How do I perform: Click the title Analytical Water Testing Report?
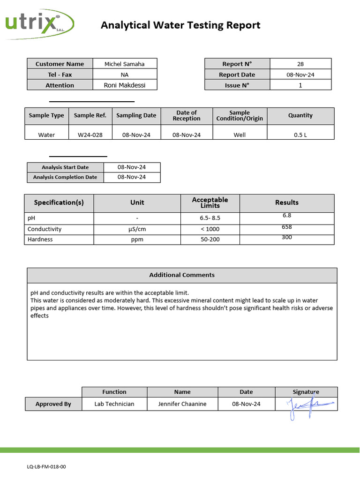180,25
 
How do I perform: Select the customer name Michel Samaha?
124,64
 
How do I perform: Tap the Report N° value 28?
300,64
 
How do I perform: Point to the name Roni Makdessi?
124,85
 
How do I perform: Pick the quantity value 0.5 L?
300,135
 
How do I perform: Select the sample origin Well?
240,135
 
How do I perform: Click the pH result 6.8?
287,216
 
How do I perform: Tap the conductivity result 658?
287,227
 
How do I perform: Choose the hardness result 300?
287,237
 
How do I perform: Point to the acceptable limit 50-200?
210,240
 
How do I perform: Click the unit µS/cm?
137,229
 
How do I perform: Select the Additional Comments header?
182,275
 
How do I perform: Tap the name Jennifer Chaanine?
182,404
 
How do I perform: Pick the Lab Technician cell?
114,404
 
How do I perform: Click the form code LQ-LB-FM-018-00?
46,467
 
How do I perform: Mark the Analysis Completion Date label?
65,177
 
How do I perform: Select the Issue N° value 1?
300,85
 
